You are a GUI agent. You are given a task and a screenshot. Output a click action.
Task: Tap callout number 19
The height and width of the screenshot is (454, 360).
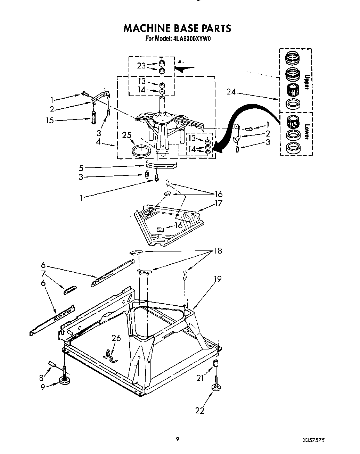coord(218,279)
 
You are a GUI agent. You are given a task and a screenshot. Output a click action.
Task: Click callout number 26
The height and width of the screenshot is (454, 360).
coord(116,338)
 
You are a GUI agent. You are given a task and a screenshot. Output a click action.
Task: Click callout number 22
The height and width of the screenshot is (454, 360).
coord(199,410)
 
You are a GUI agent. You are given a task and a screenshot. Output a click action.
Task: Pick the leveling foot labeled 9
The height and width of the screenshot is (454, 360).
coord(64,380)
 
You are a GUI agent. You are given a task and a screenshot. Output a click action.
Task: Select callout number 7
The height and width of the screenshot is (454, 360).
coord(43,273)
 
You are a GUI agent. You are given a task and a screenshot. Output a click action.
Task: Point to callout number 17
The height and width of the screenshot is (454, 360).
coord(218,203)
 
